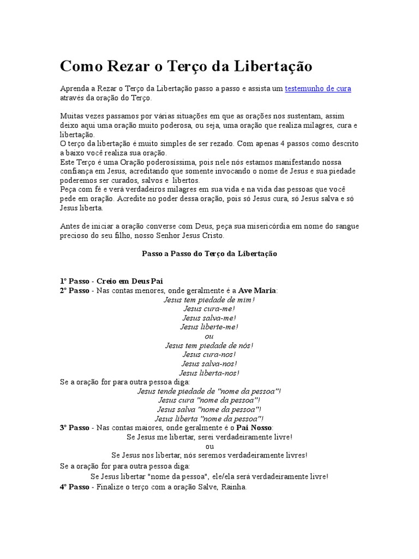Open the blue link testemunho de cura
(x=318, y=88)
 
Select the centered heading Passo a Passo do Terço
(x=209, y=254)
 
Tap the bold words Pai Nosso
(x=255, y=427)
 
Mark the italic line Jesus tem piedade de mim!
(x=209, y=299)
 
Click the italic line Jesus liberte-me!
(x=209, y=326)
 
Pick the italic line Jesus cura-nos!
(x=209, y=354)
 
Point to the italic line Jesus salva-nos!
(x=209, y=364)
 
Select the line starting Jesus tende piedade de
(x=209, y=391)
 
